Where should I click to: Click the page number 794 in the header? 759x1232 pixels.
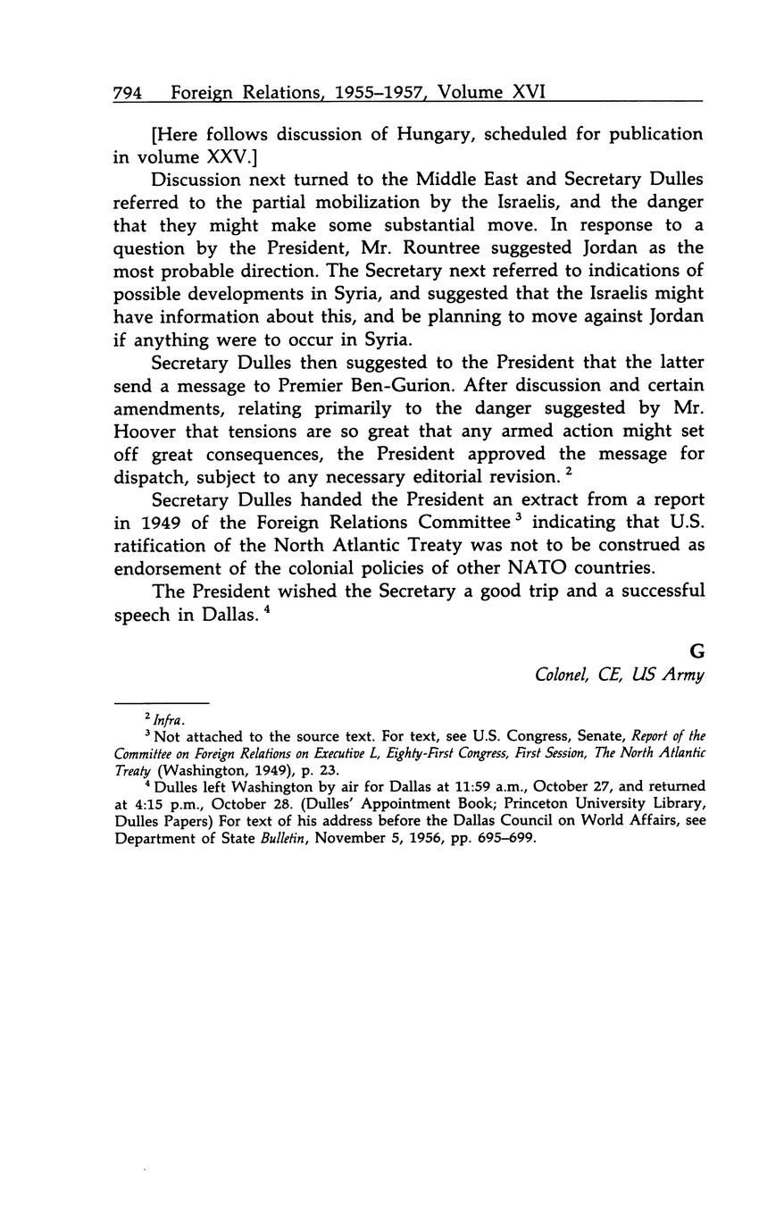click(128, 92)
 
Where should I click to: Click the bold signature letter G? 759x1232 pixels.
click(696, 652)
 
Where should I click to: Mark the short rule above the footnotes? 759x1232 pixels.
click(161, 703)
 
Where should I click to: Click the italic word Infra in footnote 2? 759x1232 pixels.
click(166, 718)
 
